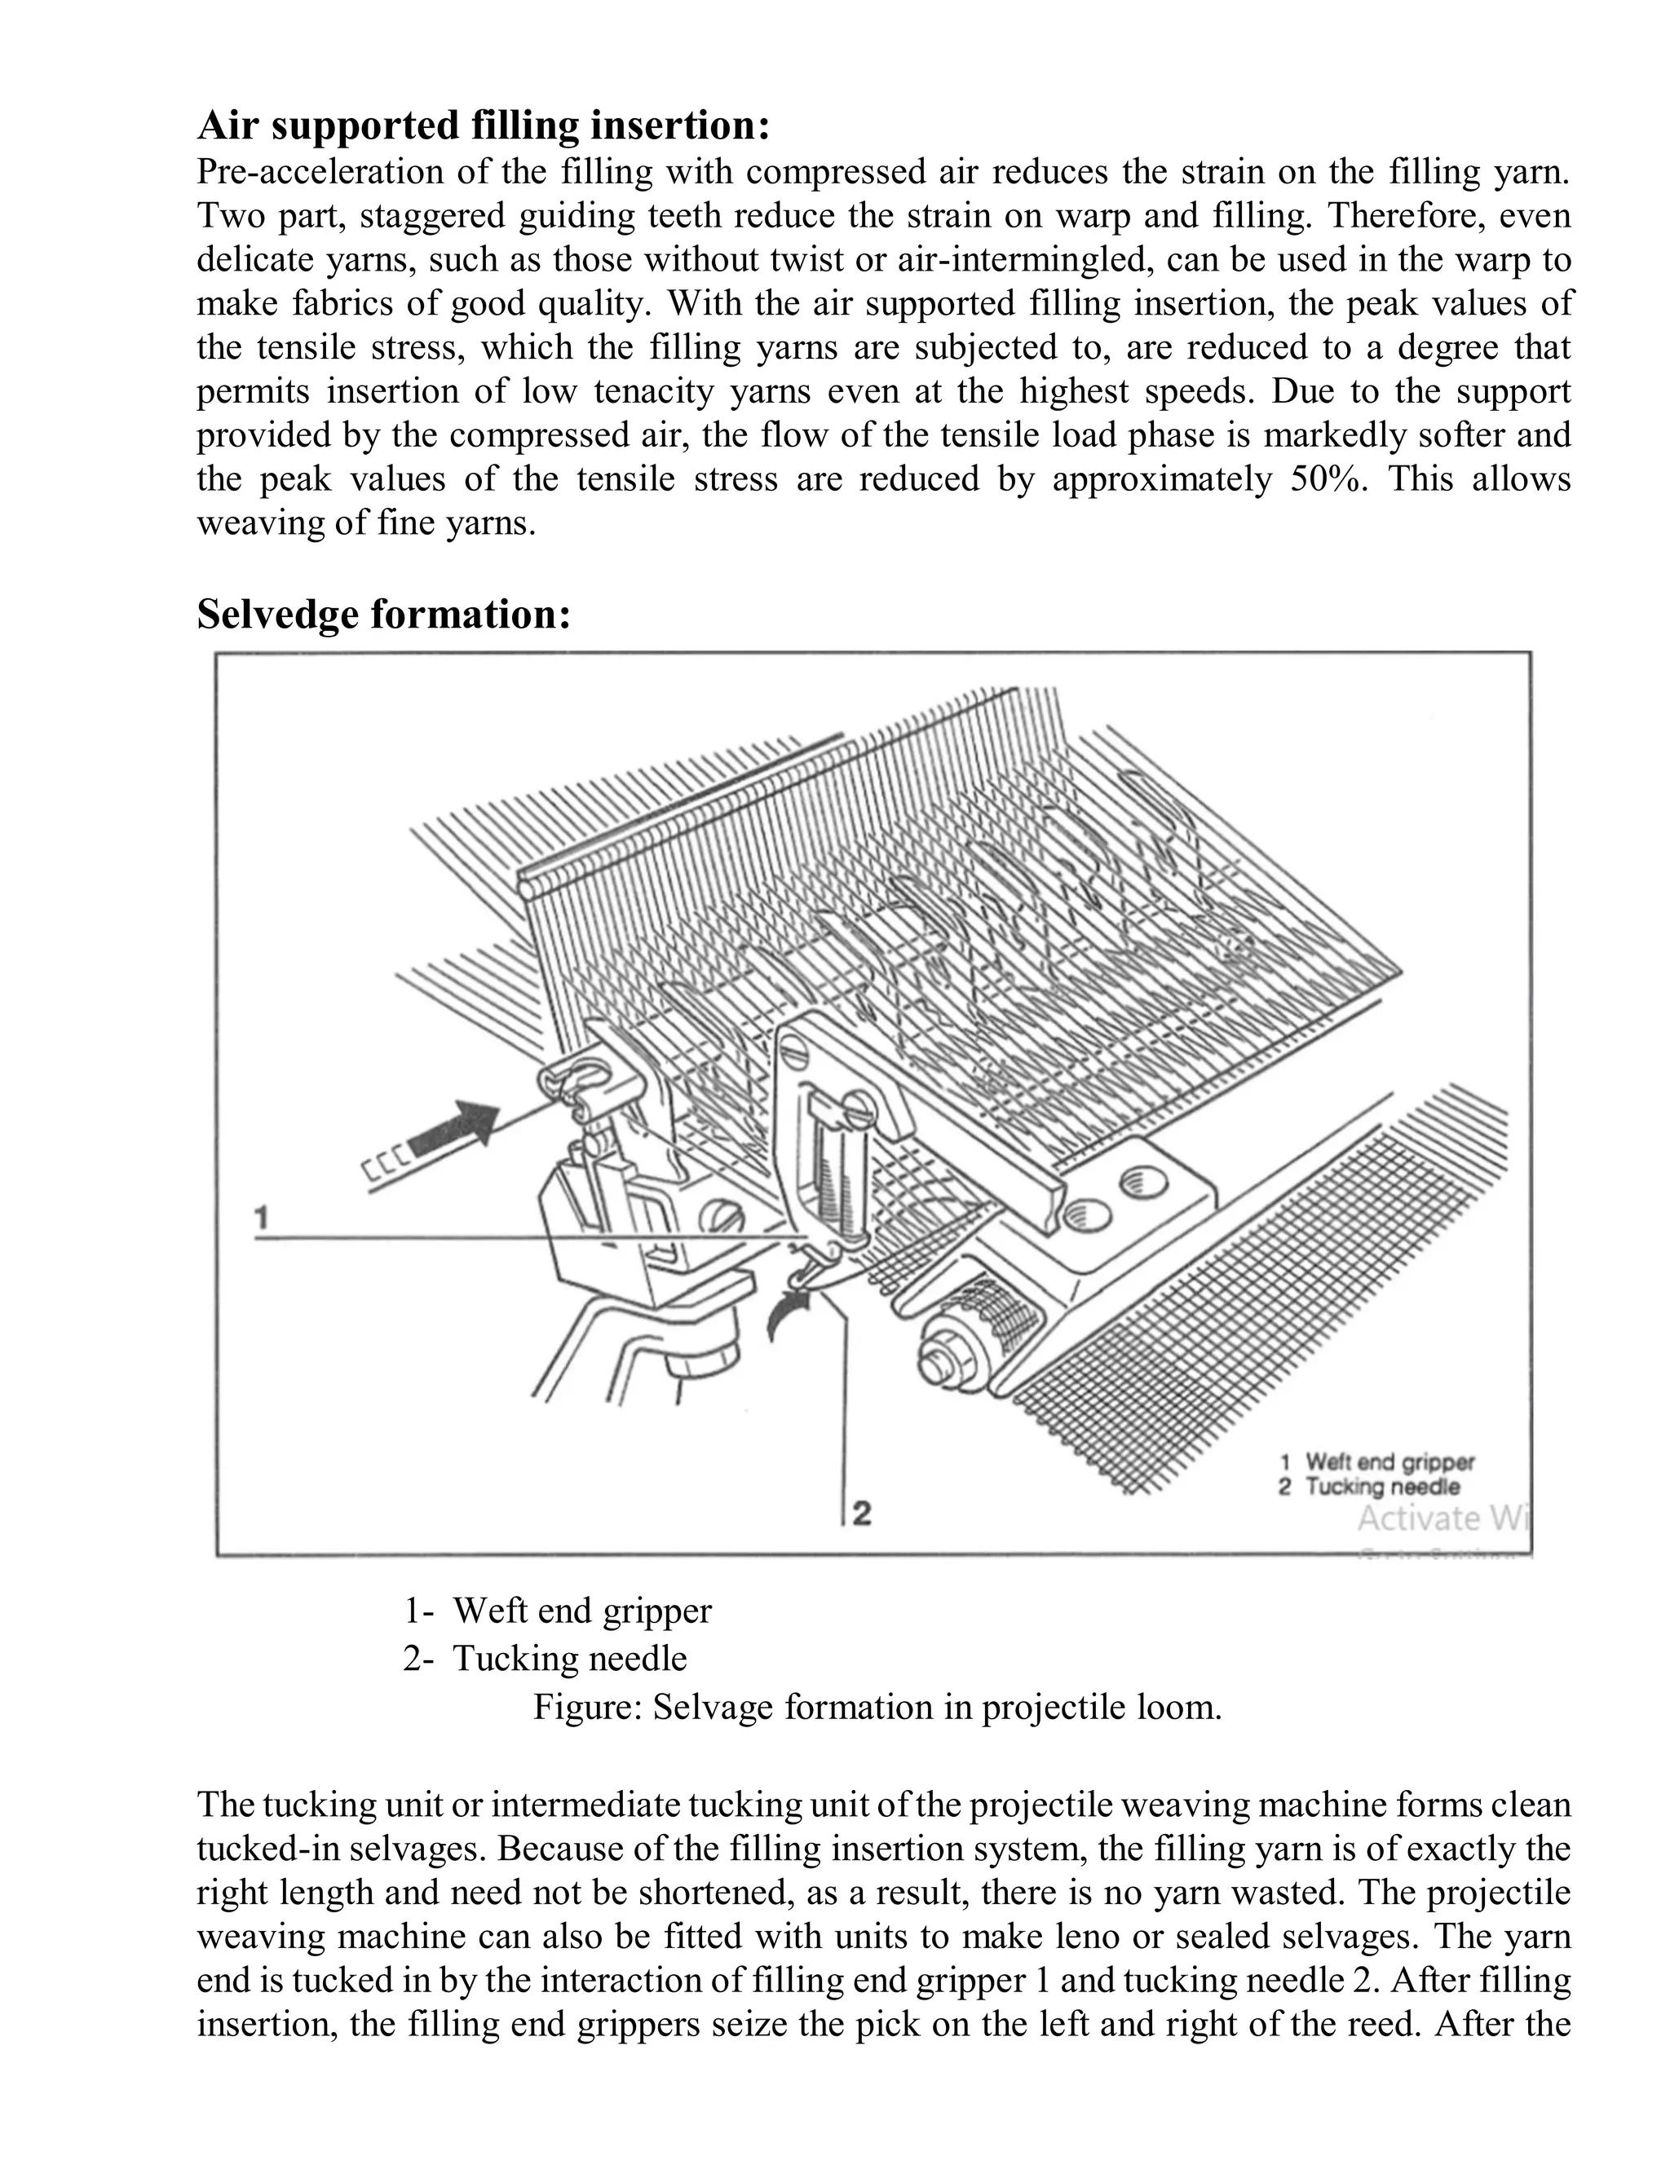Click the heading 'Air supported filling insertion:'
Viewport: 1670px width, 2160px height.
pos(483,126)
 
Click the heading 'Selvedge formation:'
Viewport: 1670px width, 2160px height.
pos(384,615)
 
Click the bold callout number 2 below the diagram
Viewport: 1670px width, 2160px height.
pos(862,1512)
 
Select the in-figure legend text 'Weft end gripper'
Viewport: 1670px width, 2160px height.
pos(1389,1463)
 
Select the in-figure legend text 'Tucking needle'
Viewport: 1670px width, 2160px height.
pos(1381,1487)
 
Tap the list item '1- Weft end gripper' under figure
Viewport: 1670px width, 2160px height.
pos(557,1611)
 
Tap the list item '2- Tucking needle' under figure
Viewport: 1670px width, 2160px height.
pos(544,1659)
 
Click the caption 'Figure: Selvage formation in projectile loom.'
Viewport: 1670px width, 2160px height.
pos(877,1708)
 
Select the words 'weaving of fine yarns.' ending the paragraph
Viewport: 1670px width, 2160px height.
pos(366,522)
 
